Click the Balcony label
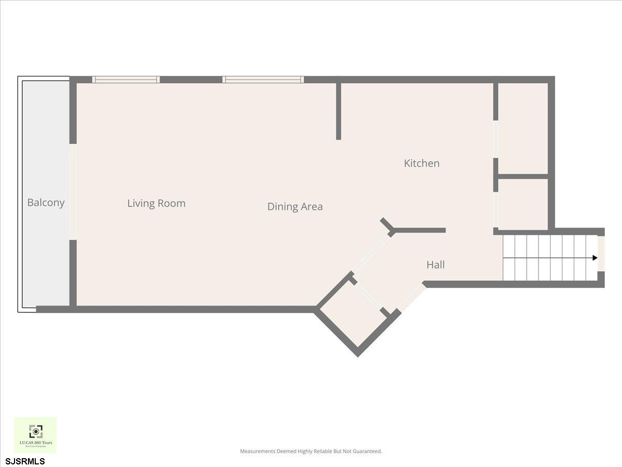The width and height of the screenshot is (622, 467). click(x=46, y=202)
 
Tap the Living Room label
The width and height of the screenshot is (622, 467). click(x=156, y=203)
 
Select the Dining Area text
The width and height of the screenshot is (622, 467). click(x=294, y=207)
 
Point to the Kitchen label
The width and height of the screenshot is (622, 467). click(x=421, y=163)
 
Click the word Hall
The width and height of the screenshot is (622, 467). click(x=435, y=265)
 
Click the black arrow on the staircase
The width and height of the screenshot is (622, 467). click(x=595, y=258)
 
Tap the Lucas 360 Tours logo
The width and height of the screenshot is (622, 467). click(x=35, y=435)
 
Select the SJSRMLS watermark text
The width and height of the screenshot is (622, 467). click(x=25, y=461)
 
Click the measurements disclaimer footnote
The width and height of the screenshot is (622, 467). click(x=310, y=451)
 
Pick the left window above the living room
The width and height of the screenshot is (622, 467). click(x=126, y=79)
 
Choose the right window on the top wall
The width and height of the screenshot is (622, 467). click(x=263, y=79)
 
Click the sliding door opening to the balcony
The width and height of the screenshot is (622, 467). click(x=73, y=192)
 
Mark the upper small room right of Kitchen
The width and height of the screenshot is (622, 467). click(x=522, y=128)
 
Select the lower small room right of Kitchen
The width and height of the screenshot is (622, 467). click(x=522, y=204)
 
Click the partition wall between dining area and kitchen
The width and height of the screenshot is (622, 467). click(x=338, y=111)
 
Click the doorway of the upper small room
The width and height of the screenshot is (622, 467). click(x=496, y=139)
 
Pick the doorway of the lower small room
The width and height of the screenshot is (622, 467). click(x=496, y=210)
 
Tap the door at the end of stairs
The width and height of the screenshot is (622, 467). click(x=601, y=253)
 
